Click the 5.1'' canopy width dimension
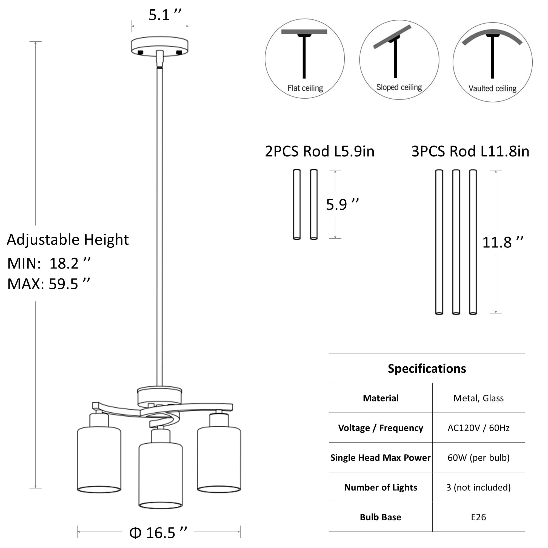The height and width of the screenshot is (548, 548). pos(165,15)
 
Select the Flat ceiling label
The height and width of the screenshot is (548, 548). pos(305,88)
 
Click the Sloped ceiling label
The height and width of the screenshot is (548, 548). pos(399,87)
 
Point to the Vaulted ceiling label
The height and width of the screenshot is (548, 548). pos(492,89)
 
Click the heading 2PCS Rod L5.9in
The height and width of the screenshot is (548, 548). pos(320,151)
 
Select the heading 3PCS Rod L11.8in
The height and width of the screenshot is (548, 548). pos(470,151)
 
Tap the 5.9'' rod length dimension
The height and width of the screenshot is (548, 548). pos(342,204)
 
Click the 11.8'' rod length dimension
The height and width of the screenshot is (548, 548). pos(503,242)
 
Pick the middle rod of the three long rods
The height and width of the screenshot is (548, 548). pos(456,242)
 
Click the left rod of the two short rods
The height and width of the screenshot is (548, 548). pos(297,204)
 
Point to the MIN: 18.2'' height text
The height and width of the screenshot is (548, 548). pos(49,264)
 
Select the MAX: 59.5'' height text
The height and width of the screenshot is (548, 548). pos(48,284)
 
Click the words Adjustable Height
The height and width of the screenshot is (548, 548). pos(67,240)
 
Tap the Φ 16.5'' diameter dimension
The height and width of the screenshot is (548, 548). pos(158,533)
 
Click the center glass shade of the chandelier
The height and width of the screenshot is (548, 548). pos(161,474)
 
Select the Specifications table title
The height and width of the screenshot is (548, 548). pos(427,369)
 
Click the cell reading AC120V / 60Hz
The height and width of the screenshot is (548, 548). pos(478,428)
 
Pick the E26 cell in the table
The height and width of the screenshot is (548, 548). pos(478,517)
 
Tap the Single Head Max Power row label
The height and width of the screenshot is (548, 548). pos(380,458)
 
